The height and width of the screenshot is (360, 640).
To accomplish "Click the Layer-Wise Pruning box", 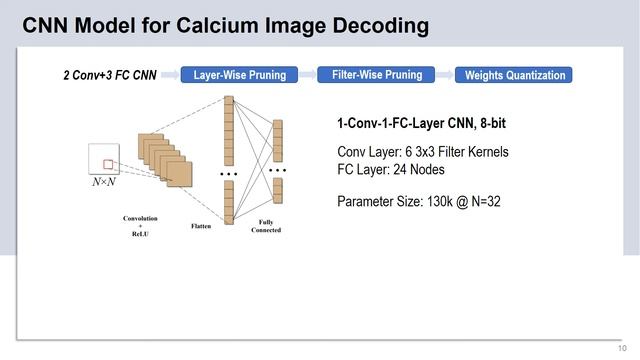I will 239,75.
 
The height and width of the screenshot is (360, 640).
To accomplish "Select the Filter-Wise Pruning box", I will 376,75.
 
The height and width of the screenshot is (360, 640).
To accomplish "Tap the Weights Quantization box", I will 515,75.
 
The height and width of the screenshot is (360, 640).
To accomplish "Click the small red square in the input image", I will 109,163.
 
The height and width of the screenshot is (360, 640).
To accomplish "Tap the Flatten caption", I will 201,226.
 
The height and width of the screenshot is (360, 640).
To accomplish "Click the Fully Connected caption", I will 266,226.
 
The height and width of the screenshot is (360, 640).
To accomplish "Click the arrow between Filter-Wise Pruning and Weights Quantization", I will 441,75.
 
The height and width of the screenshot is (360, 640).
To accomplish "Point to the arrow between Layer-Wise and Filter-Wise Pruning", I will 307,75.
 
